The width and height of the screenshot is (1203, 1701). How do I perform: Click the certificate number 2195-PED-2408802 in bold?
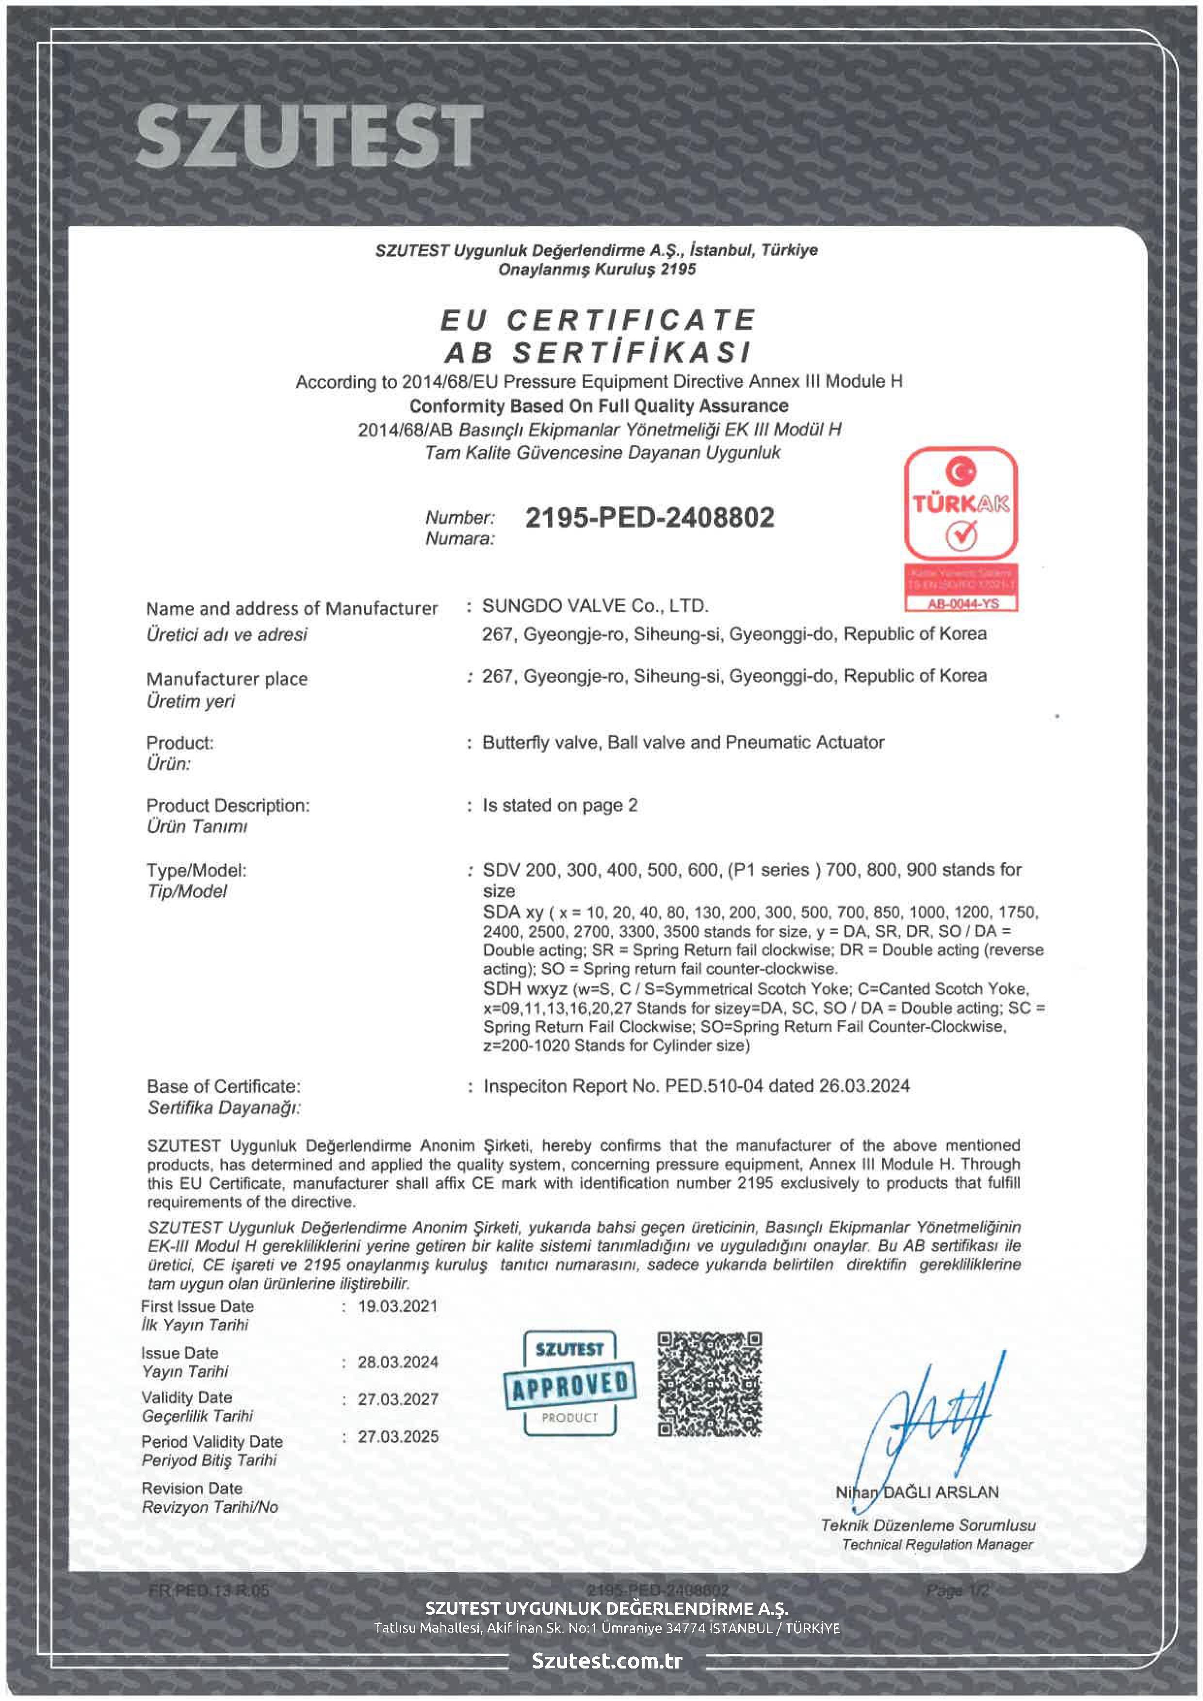[x=650, y=517]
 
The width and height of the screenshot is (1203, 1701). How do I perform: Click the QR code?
[x=710, y=1384]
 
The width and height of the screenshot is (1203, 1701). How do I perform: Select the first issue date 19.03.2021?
[x=398, y=1306]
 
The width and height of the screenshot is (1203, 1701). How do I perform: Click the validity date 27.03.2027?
[x=398, y=1399]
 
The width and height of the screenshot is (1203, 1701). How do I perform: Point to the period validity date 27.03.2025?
[x=398, y=1437]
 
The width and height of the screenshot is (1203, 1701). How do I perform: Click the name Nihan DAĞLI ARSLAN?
[x=917, y=1492]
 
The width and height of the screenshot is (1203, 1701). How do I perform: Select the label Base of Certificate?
[x=224, y=1086]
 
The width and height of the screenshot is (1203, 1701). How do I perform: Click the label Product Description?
[x=228, y=805]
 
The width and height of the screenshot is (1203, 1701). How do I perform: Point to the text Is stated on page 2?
[x=560, y=805]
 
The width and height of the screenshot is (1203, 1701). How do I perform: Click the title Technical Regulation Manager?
[x=937, y=1544]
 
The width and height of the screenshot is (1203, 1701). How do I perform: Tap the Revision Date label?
[x=192, y=1489]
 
